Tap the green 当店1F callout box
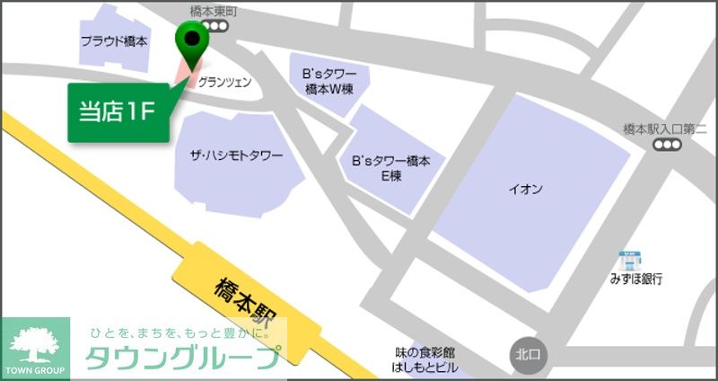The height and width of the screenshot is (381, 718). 119,112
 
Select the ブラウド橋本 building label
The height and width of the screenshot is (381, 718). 114,41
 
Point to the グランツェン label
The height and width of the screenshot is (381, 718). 224,82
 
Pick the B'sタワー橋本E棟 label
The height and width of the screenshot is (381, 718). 391,168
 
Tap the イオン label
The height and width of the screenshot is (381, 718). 525,189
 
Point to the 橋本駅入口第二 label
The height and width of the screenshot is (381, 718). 665,129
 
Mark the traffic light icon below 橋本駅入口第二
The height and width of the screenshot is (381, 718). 666,146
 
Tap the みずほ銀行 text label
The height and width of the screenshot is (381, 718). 635,279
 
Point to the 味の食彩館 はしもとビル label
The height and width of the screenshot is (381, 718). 425,359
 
